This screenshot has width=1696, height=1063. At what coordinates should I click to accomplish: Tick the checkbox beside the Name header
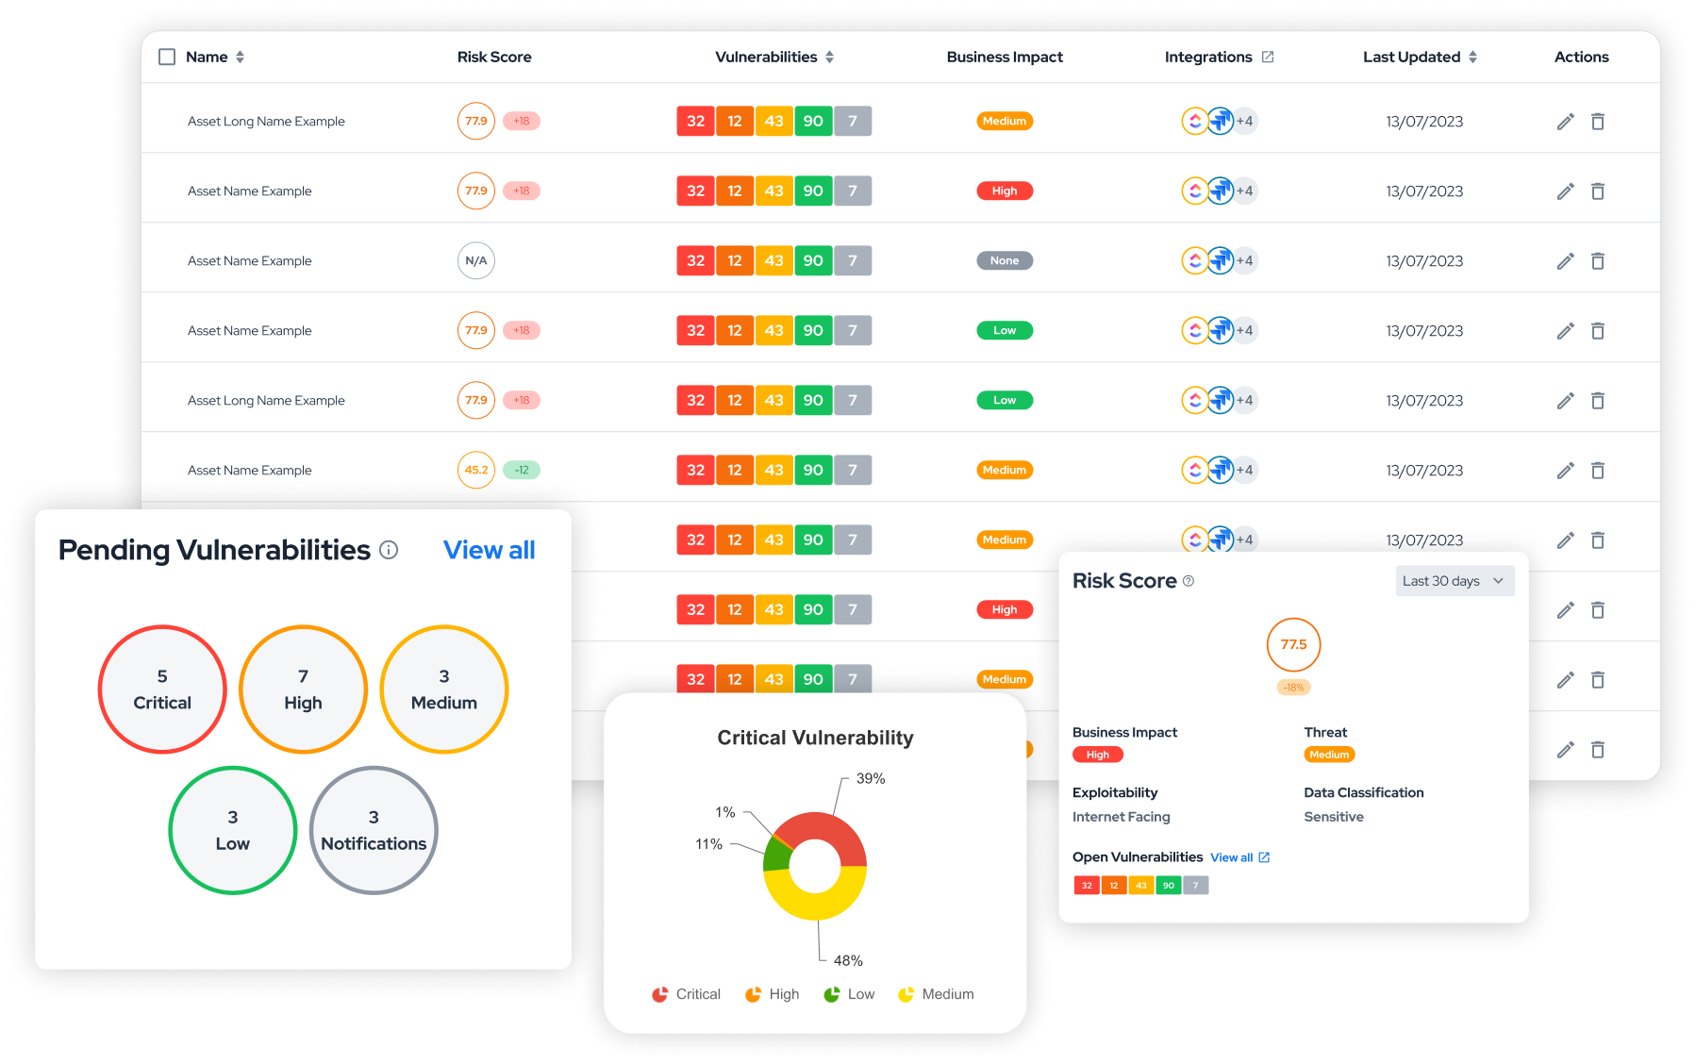[x=167, y=57]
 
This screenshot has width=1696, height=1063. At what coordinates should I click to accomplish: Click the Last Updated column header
[x=1411, y=57]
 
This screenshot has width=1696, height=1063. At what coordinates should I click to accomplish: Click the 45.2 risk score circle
[x=476, y=470]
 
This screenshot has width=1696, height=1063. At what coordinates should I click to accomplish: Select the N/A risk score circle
[x=476, y=260]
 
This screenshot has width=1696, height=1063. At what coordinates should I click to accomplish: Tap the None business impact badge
[x=1004, y=260]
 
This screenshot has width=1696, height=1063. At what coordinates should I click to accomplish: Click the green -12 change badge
[x=522, y=470]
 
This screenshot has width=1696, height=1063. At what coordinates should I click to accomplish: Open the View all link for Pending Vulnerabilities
[x=489, y=550]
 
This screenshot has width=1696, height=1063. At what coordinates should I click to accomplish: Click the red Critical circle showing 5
[x=162, y=689]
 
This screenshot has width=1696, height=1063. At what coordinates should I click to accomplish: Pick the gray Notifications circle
[x=374, y=830]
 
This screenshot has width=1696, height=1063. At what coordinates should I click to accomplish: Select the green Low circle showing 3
[x=233, y=830]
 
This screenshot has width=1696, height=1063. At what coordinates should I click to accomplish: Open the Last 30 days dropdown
[x=1455, y=581]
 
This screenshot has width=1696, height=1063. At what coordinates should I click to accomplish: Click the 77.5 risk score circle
[x=1293, y=644]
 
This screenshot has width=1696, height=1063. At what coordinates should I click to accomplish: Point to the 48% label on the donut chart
[x=848, y=960]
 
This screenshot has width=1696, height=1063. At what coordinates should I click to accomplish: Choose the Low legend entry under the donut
[x=850, y=994]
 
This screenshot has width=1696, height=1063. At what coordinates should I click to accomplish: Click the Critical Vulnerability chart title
[x=815, y=738]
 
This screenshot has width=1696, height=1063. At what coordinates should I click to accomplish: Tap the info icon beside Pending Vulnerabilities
[x=389, y=550]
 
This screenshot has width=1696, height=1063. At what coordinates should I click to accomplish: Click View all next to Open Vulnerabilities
[x=1232, y=857]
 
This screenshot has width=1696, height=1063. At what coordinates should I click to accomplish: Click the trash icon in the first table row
[x=1598, y=121]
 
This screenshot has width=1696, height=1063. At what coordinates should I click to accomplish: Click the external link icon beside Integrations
[x=1268, y=57]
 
